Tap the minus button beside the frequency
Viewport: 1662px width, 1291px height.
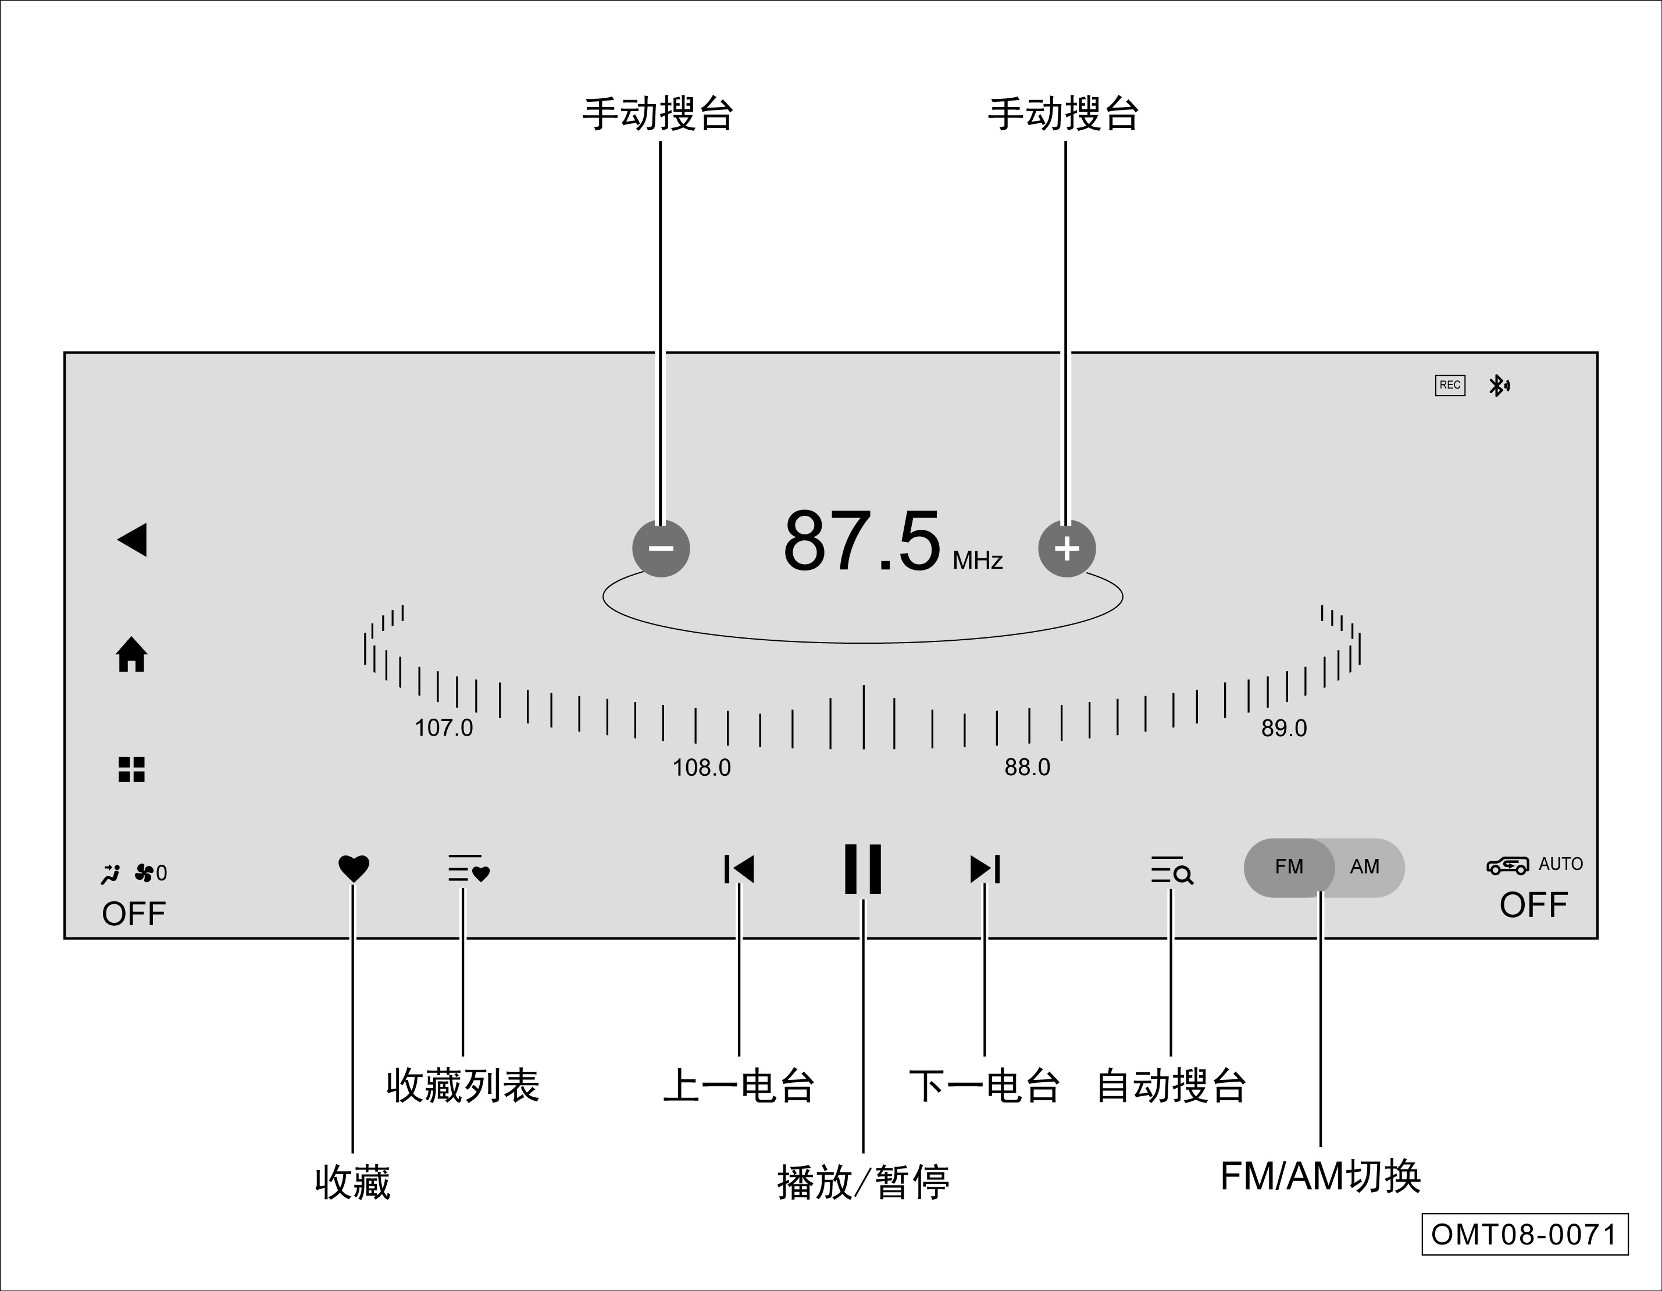661,548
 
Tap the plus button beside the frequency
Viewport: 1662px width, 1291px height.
1066,548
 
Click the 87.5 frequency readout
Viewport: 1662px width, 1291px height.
862,540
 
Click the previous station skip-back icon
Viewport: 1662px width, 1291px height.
739,869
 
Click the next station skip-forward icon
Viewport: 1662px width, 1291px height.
985,869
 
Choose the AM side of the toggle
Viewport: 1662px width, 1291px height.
1364,867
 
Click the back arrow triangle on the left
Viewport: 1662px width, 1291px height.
133,540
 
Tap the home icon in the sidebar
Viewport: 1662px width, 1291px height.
131,655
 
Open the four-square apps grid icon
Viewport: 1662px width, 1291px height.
131,769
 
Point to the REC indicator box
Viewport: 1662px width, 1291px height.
1450,385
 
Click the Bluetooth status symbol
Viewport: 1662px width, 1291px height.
1499,386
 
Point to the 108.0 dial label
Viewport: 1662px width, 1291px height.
701,767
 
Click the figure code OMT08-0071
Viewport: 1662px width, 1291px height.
1524,1234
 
